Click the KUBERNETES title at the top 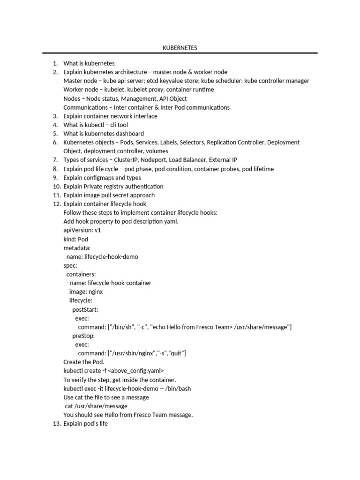pos(180,48)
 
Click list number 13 pos(55,424)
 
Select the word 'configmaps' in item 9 pos(98,178)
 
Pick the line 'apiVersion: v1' pos(82,230)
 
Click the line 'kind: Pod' pos(75,239)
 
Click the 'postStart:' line pos(85,309)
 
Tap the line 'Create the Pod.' pos(84,362)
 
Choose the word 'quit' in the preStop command pos(176,353)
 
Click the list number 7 pos(55,160)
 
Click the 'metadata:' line pos(77,247)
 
